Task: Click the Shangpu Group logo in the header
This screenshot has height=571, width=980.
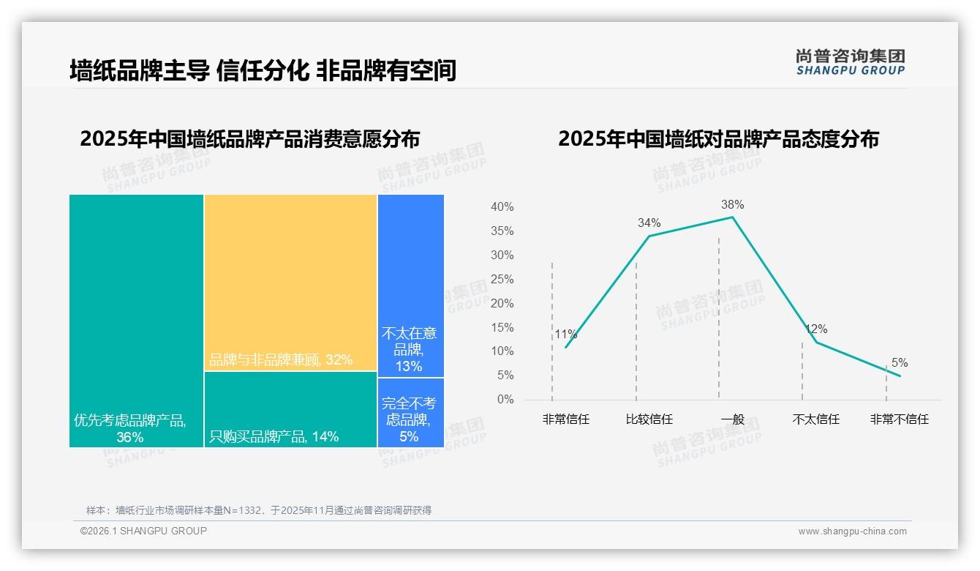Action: [850, 62]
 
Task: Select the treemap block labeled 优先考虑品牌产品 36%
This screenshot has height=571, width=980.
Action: [136, 320]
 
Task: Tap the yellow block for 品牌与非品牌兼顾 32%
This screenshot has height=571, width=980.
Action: [290, 282]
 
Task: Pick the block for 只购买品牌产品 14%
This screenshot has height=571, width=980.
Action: [290, 408]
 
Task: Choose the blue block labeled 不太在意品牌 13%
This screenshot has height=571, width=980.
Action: [410, 285]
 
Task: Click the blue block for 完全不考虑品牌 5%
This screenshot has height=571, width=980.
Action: [410, 412]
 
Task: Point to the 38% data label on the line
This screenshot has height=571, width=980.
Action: [732, 205]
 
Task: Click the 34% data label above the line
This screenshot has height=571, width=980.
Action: [649, 223]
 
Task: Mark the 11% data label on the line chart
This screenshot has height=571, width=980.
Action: [565, 335]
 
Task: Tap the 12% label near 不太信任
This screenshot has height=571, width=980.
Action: [816, 329]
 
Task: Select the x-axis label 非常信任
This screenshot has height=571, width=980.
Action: [565, 419]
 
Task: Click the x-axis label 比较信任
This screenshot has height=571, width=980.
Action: [649, 419]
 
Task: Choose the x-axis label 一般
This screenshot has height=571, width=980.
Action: [732, 419]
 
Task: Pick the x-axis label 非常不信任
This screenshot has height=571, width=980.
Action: [899, 419]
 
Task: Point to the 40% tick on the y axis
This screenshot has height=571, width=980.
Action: [502, 207]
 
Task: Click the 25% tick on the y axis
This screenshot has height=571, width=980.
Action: [502, 280]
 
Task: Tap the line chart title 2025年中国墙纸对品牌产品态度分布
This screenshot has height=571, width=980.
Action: [718, 139]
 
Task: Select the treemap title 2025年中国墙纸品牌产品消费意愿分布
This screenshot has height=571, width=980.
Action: [249, 139]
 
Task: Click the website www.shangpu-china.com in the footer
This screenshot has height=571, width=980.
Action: [852, 531]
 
